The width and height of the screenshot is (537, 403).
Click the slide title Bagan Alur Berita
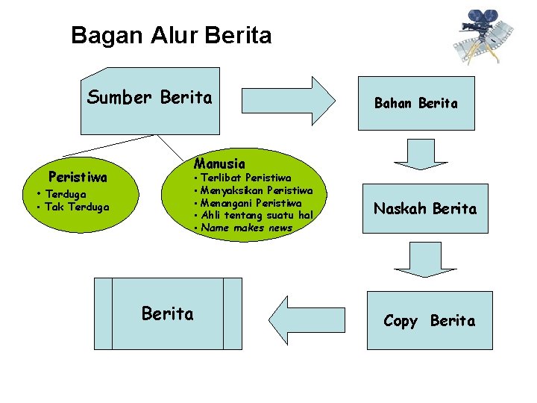click(x=172, y=35)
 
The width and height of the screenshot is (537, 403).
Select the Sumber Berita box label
click(x=150, y=97)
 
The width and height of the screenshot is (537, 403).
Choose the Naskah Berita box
click(x=425, y=209)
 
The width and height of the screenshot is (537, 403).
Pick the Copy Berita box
click(x=430, y=320)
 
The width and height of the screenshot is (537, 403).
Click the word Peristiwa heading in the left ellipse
click(x=78, y=178)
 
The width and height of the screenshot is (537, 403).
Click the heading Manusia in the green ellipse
click(x=219, y=163)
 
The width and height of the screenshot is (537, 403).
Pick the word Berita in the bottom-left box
click(x=168, y=314)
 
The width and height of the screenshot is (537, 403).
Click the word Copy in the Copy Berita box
click(x=401, y=321)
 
